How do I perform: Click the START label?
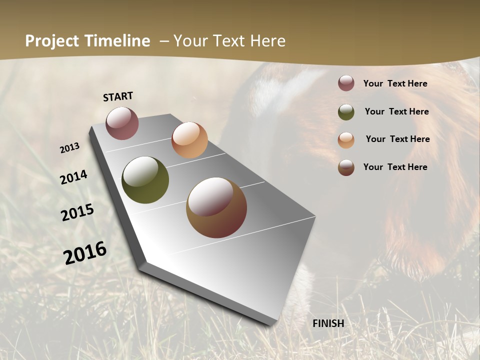(118, 96)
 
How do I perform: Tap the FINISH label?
(328, 323)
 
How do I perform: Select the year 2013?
(70, 147)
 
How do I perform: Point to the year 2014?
(74, 177)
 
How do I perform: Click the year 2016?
(85, 252)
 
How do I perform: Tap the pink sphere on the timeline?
(122, 123)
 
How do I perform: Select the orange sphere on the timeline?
(189, 140)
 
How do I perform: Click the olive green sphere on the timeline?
(145, 180)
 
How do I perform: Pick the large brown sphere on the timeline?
(216, 207)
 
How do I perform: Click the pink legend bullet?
(346, 83)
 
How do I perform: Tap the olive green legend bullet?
(346, 112)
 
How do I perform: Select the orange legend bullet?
(346, 140)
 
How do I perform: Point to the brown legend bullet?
(346, 167)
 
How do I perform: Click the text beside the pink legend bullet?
(395, 83)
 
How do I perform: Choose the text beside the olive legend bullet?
(396, 111)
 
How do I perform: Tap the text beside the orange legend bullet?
(397, 139)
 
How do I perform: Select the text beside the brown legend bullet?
(395, 167)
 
